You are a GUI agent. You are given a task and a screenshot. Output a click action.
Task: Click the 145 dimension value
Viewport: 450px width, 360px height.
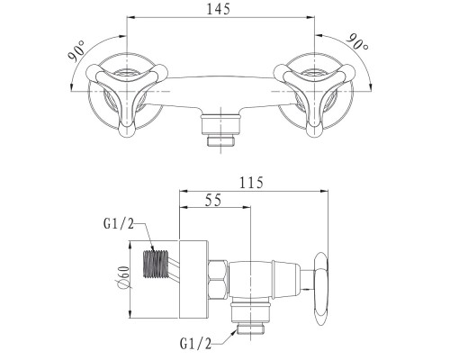pos(219,9)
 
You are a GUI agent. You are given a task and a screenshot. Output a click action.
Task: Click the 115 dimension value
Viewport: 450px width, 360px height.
pos(251,183)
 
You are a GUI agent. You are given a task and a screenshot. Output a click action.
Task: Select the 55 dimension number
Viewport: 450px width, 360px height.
pos(213,200)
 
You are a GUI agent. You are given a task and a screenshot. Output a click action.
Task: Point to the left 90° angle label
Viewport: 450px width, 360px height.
pos(76,51)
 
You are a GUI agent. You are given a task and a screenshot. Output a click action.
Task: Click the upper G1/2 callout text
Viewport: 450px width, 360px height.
pos(119,223)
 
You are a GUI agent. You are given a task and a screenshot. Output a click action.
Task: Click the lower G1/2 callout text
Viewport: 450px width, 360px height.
pos(195,343)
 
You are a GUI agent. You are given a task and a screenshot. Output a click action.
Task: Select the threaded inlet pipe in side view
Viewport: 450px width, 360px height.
pos(155,264)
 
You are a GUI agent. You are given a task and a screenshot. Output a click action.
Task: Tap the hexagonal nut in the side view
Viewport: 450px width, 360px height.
pos(218,280)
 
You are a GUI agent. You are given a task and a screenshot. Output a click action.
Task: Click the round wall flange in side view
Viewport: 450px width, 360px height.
pos(193,279)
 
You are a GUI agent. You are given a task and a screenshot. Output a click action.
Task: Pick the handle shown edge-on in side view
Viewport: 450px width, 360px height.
pos(319,289)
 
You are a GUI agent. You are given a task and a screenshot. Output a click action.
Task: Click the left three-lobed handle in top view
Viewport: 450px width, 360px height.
pos(127,96)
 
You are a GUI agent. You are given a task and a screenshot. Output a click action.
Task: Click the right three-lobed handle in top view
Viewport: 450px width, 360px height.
pos(314,96)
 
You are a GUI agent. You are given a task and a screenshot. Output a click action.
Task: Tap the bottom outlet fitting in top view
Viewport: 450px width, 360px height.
pos(220,129)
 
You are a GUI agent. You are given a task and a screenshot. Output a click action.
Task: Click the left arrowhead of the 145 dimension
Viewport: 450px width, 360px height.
pos(130,18)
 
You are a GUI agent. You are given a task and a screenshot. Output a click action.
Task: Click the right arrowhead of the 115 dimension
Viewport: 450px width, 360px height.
pos(324,191)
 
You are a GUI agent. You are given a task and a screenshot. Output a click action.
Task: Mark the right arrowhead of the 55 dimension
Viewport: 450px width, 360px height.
pos(247,207)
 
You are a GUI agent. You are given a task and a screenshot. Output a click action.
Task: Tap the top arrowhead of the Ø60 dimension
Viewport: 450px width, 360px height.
pos(130,245)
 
